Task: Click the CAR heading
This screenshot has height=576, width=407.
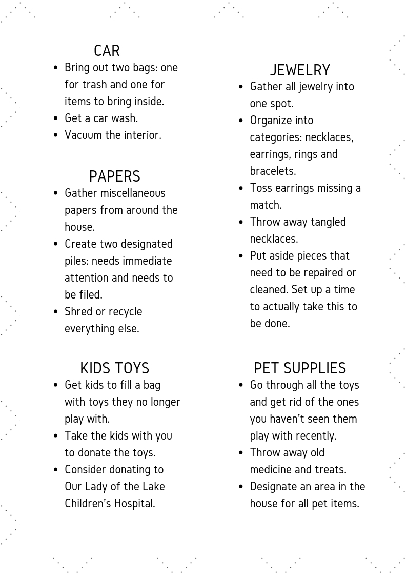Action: point(107,51)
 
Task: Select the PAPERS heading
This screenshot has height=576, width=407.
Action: point(114,176)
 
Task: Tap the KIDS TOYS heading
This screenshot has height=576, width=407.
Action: point(114,368)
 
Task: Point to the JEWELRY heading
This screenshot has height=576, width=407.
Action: point(300,70)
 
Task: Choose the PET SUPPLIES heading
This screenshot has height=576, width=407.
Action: point(300,368)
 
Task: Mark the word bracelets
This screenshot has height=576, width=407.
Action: point(273,171)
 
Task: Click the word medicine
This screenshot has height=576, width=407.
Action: point(271,470)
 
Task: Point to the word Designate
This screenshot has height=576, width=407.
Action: point(275,487)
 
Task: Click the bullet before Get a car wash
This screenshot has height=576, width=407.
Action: point(55,118)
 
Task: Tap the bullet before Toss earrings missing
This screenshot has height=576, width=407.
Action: point(241,188)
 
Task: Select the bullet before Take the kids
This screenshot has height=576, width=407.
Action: point(55,436)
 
